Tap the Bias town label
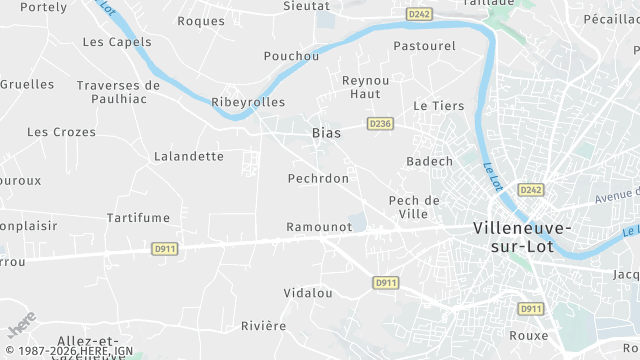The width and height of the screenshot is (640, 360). tap(326, 132)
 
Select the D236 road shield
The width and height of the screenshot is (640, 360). tap(380, 124)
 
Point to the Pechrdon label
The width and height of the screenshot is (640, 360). tap(318, 178)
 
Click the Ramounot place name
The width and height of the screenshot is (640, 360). tap(319, 227)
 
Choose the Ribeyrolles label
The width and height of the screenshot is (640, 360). tap(248, 102)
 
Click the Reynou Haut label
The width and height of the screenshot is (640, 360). tap(364, 86)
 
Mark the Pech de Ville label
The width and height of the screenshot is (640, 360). tap(414, 207)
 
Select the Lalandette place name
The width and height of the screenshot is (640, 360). tap(189, 156)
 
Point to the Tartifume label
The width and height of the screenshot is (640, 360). tap(138, 217)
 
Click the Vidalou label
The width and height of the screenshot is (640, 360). tap(308, 293)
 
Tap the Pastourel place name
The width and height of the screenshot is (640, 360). tap(425, 46)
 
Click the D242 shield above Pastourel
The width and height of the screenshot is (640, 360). tap(419, 14)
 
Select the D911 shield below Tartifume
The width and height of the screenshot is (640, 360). tap(165, 248)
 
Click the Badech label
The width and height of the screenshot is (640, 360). tap(430, 161)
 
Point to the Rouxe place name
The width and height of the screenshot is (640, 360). tap(528, 335)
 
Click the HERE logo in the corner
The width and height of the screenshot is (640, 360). tap(20, 327)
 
